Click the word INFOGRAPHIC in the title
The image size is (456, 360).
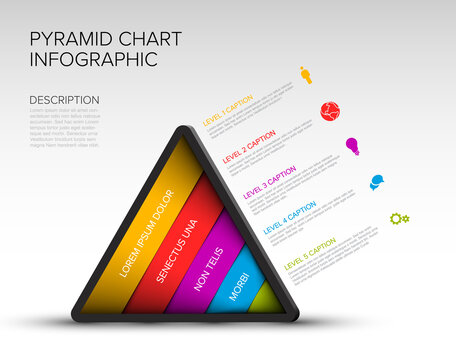[94, 60]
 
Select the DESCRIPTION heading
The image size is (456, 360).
[64, 100]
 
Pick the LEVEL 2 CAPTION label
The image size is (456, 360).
[249, 147]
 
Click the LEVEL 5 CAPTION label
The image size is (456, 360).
[310, 253]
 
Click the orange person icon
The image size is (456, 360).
[306, 75]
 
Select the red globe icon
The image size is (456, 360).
[329, 110]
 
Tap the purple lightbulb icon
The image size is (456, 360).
[352, 146]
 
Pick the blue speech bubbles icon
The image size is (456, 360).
[376, 182]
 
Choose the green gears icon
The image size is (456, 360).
[399, 218]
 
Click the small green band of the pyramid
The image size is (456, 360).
[263, 298]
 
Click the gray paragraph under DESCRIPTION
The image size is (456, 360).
[64, 128]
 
